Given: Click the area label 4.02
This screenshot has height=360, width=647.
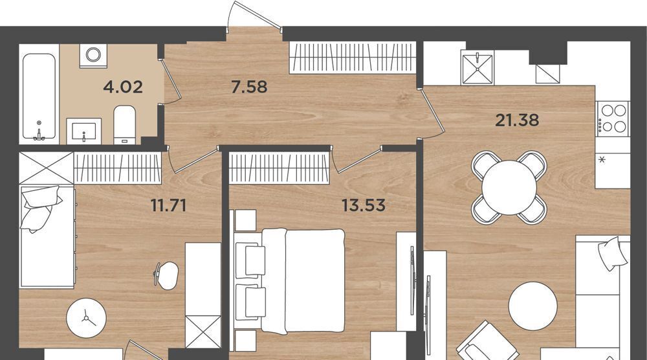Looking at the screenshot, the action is tap(123, 87).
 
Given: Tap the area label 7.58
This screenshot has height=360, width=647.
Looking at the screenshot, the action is tap(249, 87).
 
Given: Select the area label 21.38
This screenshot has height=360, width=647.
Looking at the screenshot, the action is tap(517, 120).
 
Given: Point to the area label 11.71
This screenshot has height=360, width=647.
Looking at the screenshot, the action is tap(168, 205).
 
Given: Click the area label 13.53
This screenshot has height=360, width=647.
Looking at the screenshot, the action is tap(364, 205).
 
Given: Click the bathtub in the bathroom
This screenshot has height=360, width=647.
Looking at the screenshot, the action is tap(39, 97).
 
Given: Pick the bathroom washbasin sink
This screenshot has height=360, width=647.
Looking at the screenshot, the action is tap(83, 131).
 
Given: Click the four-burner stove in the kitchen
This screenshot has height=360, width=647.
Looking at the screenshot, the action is tap(613, 118).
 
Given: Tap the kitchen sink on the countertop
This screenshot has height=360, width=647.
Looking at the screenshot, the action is tap(477, 67).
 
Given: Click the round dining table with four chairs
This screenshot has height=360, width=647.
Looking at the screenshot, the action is tap(509, 187).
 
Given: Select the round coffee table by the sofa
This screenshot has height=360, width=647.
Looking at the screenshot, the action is tap(532, 306).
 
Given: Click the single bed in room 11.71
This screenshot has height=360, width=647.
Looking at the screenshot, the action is tap(47, 236).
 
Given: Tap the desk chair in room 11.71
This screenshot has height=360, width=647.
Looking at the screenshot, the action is tap(166, 275).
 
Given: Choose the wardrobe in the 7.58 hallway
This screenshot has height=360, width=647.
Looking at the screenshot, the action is tap(352, 58).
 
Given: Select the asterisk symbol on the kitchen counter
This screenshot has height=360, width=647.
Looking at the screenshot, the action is tap(602, 159).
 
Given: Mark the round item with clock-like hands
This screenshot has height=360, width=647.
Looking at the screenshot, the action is tap(86, 318).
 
